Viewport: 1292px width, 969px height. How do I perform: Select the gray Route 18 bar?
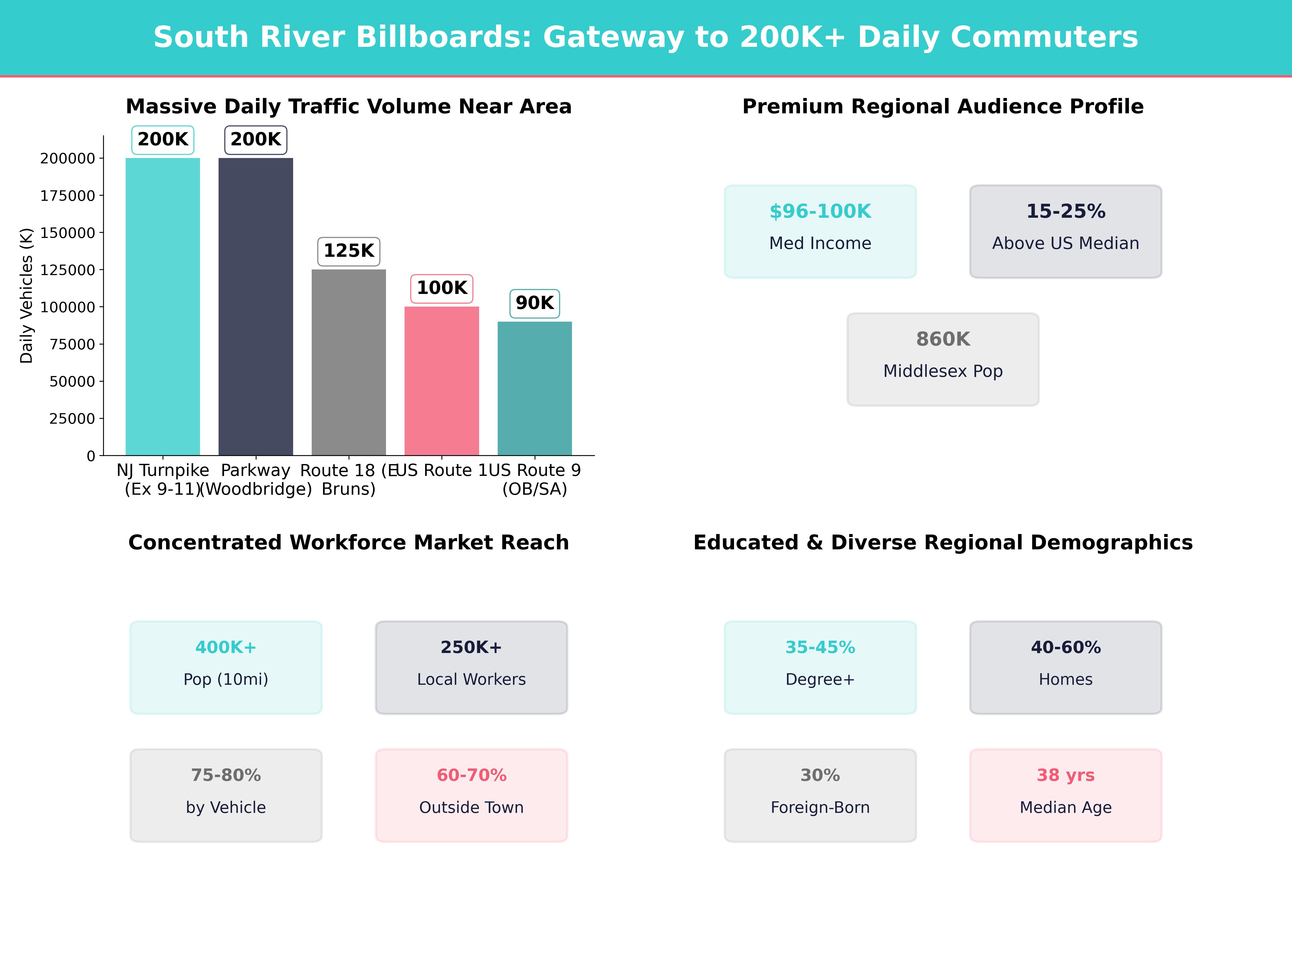pyautogui.click(x=349, y=362)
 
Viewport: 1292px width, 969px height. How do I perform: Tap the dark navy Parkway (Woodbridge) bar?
pyautogui.click(x=256, y=307)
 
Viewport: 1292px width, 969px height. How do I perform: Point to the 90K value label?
pyautogui.click(x=535, y=303)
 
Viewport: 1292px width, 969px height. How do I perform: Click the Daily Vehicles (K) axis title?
pyautogui.click(x=26, y=296)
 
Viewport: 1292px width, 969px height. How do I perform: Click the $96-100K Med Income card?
pyautogui.click(x=820, y=231)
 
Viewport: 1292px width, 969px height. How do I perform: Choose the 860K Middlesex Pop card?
pyautogui.click(x=943, y=359)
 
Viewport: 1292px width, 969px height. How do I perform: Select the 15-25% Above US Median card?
pyautogui.click(x=1065, y=231)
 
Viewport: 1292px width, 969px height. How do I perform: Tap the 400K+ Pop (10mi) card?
pyautogui.click(x=226, y=667)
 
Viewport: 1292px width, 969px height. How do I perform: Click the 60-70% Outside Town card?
pyautogui.click(x=471, y=795)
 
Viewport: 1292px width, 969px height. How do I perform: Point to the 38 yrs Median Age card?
pyautogui.click(x=1065, y=795)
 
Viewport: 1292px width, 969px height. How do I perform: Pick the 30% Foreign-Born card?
pyautogui.click(x=820, y=795)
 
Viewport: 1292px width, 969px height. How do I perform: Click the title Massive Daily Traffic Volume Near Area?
pyautogui.click(x=349, y=107)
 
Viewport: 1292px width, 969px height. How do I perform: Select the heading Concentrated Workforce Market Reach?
pyautogui.click(x=349, y=543)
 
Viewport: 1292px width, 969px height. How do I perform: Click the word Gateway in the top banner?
pyautogui.click(x=613, y=37)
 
